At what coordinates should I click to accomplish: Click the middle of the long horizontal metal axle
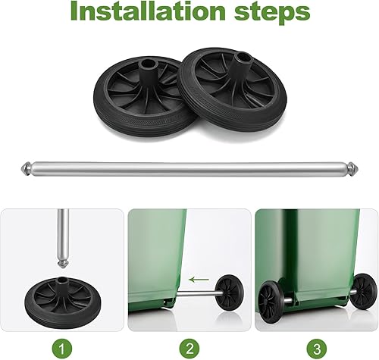[x=189, y=165]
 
